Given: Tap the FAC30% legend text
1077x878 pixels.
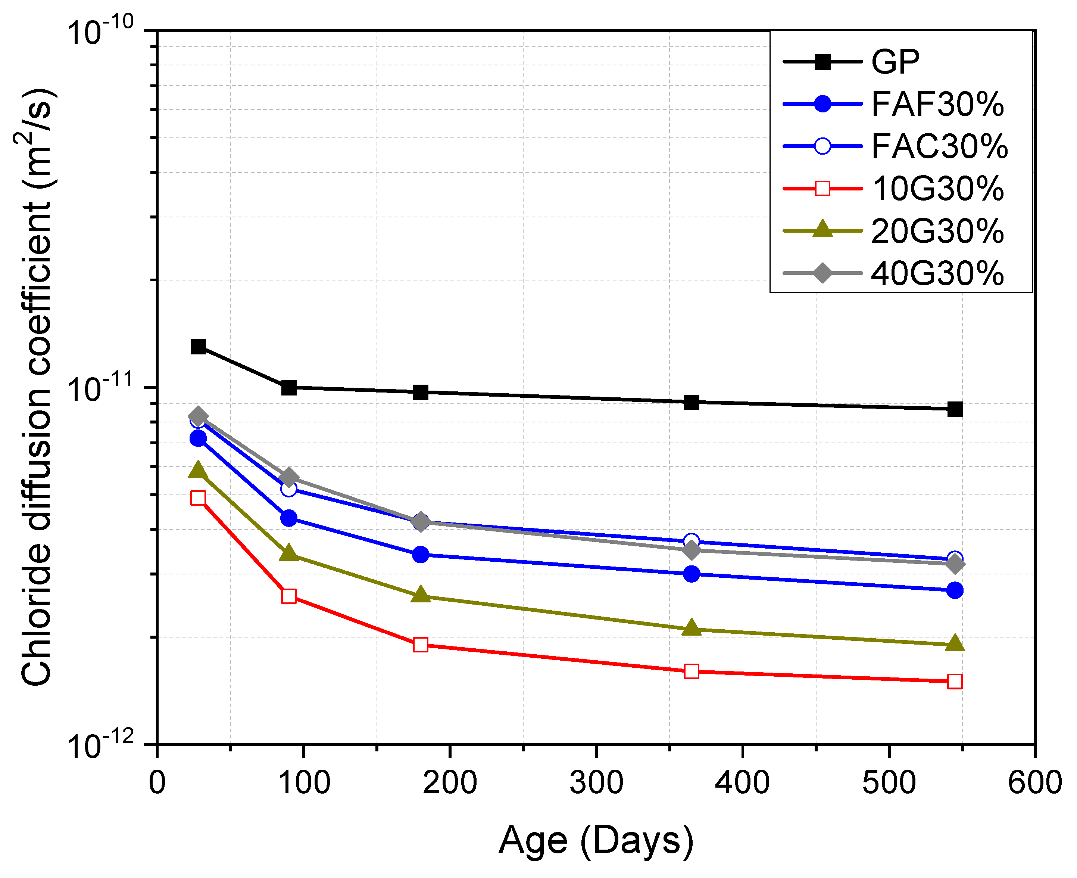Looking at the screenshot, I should coord(939,147).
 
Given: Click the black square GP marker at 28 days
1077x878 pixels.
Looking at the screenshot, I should coord(198,347).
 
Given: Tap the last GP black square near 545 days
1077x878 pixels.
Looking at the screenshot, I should coord(955,410).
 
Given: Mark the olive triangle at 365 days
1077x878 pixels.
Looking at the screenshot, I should coord(692,628).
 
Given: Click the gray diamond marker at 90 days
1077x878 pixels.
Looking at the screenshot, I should coord(288,477).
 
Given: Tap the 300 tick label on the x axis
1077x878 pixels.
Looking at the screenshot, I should coord(596,782).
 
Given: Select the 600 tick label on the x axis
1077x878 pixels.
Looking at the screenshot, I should coord(1034,782).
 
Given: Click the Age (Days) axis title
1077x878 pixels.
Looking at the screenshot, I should coord(596,841).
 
